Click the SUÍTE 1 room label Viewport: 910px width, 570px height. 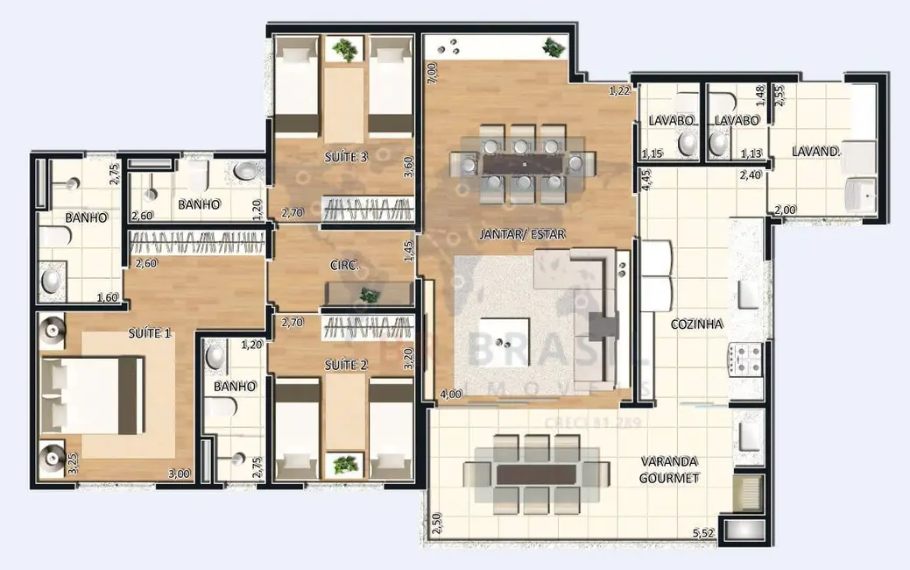coord(150,333)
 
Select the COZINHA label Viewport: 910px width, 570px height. coord(696,324)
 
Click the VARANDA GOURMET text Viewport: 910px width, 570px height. coord(670,470)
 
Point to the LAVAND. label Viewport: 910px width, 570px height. coord(815,151)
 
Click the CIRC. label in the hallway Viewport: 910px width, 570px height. coord(342,266)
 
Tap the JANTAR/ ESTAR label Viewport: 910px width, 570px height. coord(522,234)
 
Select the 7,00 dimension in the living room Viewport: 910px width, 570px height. coord(432,74)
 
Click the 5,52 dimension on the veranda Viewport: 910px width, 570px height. coord(703,532)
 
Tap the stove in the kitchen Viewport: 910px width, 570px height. coord(746,358)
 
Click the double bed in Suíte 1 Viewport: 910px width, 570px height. coord(92,395)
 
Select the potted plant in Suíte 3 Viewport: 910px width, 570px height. coord(347,50)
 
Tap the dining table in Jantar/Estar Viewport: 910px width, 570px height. coord(522,163)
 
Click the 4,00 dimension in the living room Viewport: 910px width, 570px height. coord(450,395)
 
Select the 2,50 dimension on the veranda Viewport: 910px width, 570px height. coord(436,524)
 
